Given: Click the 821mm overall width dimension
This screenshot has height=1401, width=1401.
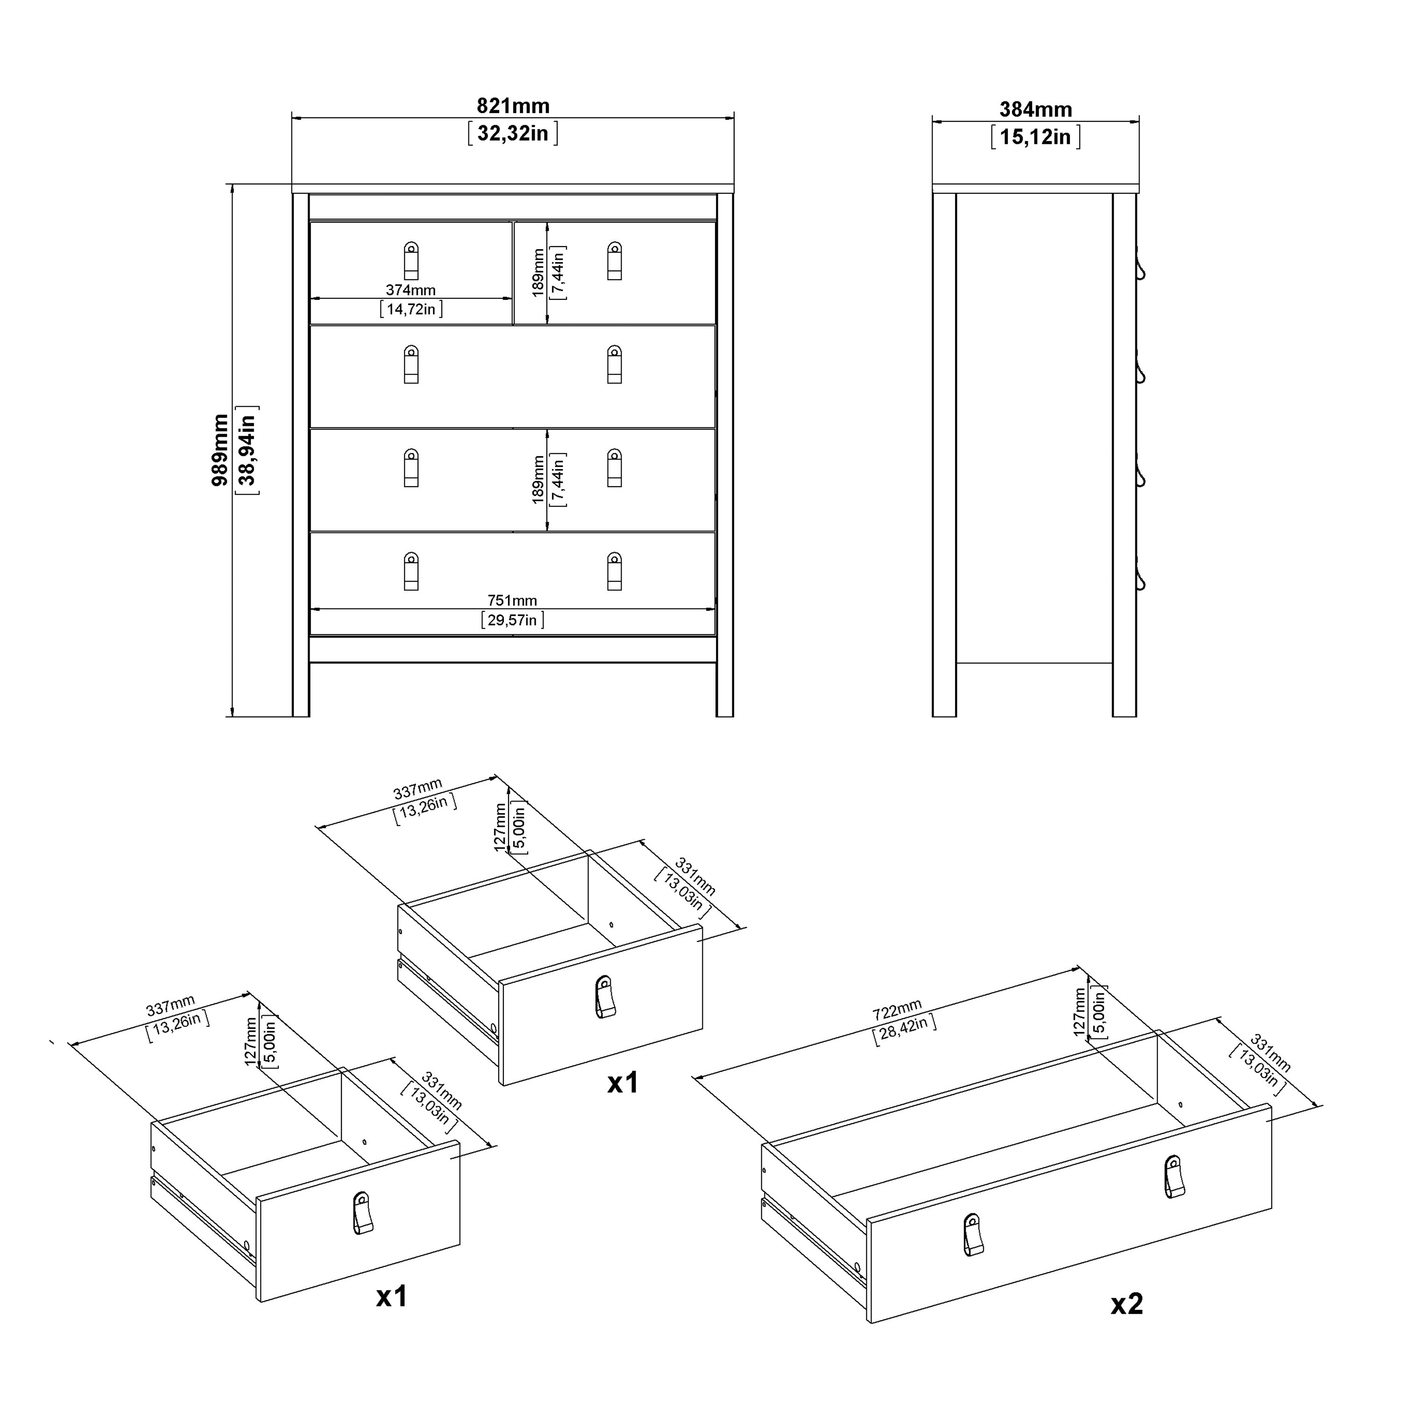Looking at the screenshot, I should coord(513,106).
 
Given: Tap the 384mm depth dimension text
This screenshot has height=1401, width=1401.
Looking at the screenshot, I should coord(1035,109).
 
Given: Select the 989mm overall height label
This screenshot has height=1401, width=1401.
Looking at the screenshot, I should coord(219,450).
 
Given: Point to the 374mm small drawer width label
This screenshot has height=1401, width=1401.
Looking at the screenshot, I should coord(410,290).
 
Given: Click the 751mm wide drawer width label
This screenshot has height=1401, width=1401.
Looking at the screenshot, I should coord(512,601).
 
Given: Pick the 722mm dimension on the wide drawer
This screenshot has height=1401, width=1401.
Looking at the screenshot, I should coord(897,1009).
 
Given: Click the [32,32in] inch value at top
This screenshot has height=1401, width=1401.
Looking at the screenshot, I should coord(513,134).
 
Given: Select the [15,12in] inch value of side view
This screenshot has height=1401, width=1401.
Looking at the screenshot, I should coord(1035,137).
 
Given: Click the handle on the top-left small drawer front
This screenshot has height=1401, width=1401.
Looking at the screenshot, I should coord(411,260).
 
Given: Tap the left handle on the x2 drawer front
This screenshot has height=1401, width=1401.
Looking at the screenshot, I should coord(974,1234).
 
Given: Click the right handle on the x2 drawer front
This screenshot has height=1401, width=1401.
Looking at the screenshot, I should coord(1174,1177).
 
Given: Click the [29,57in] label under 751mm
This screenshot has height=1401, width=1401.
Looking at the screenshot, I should coord(512,620).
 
